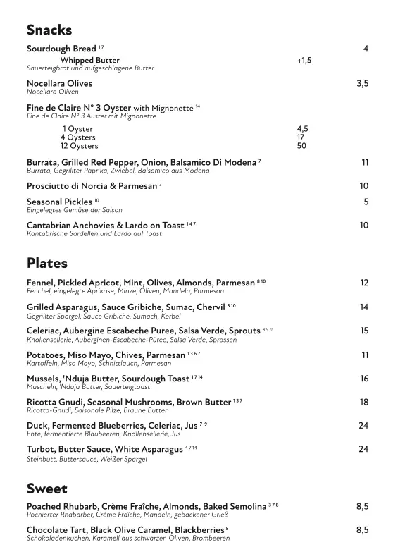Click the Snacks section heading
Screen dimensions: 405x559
49,30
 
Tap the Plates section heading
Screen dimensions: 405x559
47,263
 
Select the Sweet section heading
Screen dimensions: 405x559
46,488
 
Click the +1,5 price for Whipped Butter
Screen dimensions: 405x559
304,61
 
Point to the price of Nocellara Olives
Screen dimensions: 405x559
362,83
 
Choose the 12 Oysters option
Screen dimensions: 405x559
79,146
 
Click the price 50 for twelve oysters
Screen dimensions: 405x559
301,146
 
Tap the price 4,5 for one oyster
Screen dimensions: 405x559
302,129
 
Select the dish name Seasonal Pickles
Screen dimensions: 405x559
59,202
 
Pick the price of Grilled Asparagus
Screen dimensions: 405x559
363,307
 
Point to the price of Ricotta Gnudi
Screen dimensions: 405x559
363,402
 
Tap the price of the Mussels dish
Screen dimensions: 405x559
363,379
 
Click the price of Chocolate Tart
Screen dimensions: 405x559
362,529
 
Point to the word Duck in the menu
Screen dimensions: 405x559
38,426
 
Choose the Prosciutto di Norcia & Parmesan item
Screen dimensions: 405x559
92,185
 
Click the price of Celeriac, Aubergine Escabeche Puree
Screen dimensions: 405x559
363,330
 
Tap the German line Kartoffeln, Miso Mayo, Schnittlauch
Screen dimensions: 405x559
99,364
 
